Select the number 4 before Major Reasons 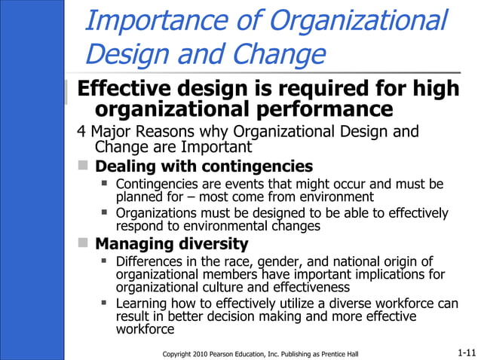(82, 133)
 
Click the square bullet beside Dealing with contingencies (84, 166)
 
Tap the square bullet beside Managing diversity (84, 243)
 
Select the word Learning (142, 304)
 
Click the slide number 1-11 (466, 352)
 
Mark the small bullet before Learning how (106, 304)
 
